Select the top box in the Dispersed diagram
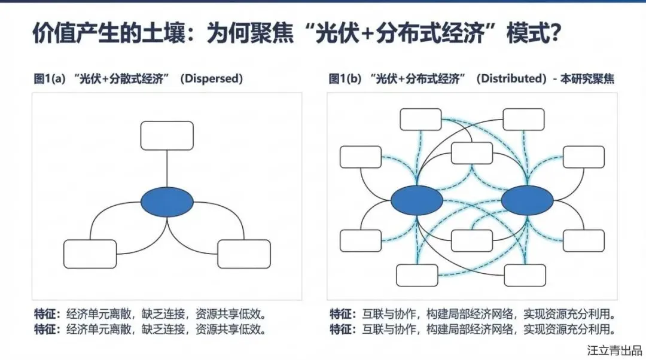click(167, 136)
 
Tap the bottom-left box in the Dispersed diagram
click(90, 254)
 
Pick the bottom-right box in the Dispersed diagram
click(244, 254)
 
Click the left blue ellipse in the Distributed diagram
click(417, 202)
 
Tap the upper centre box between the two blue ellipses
click(472, 153)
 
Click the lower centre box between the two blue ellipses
click(472, 240)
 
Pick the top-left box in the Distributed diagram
click(420, 119)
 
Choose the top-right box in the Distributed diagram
click(524, 119)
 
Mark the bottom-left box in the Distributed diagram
click(417, 275)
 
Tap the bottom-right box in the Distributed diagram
click(525, 275)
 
